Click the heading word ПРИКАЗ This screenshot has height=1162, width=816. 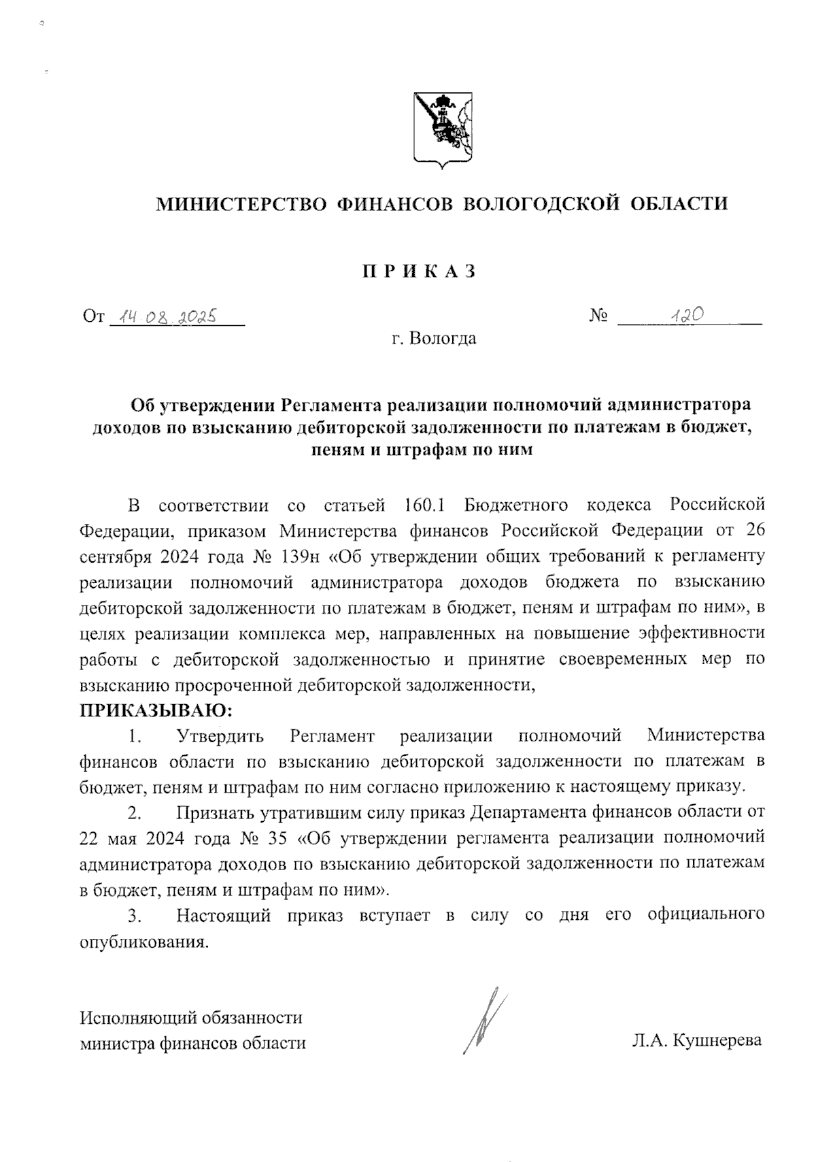pyautogui.click(x=418, y=271)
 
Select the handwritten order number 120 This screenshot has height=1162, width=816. pyautogui.click(x=685, y=314)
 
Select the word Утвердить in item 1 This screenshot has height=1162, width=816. pyautogui.click(x=220, y=735)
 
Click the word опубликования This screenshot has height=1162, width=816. pyautogui.click(x=142, y=942)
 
